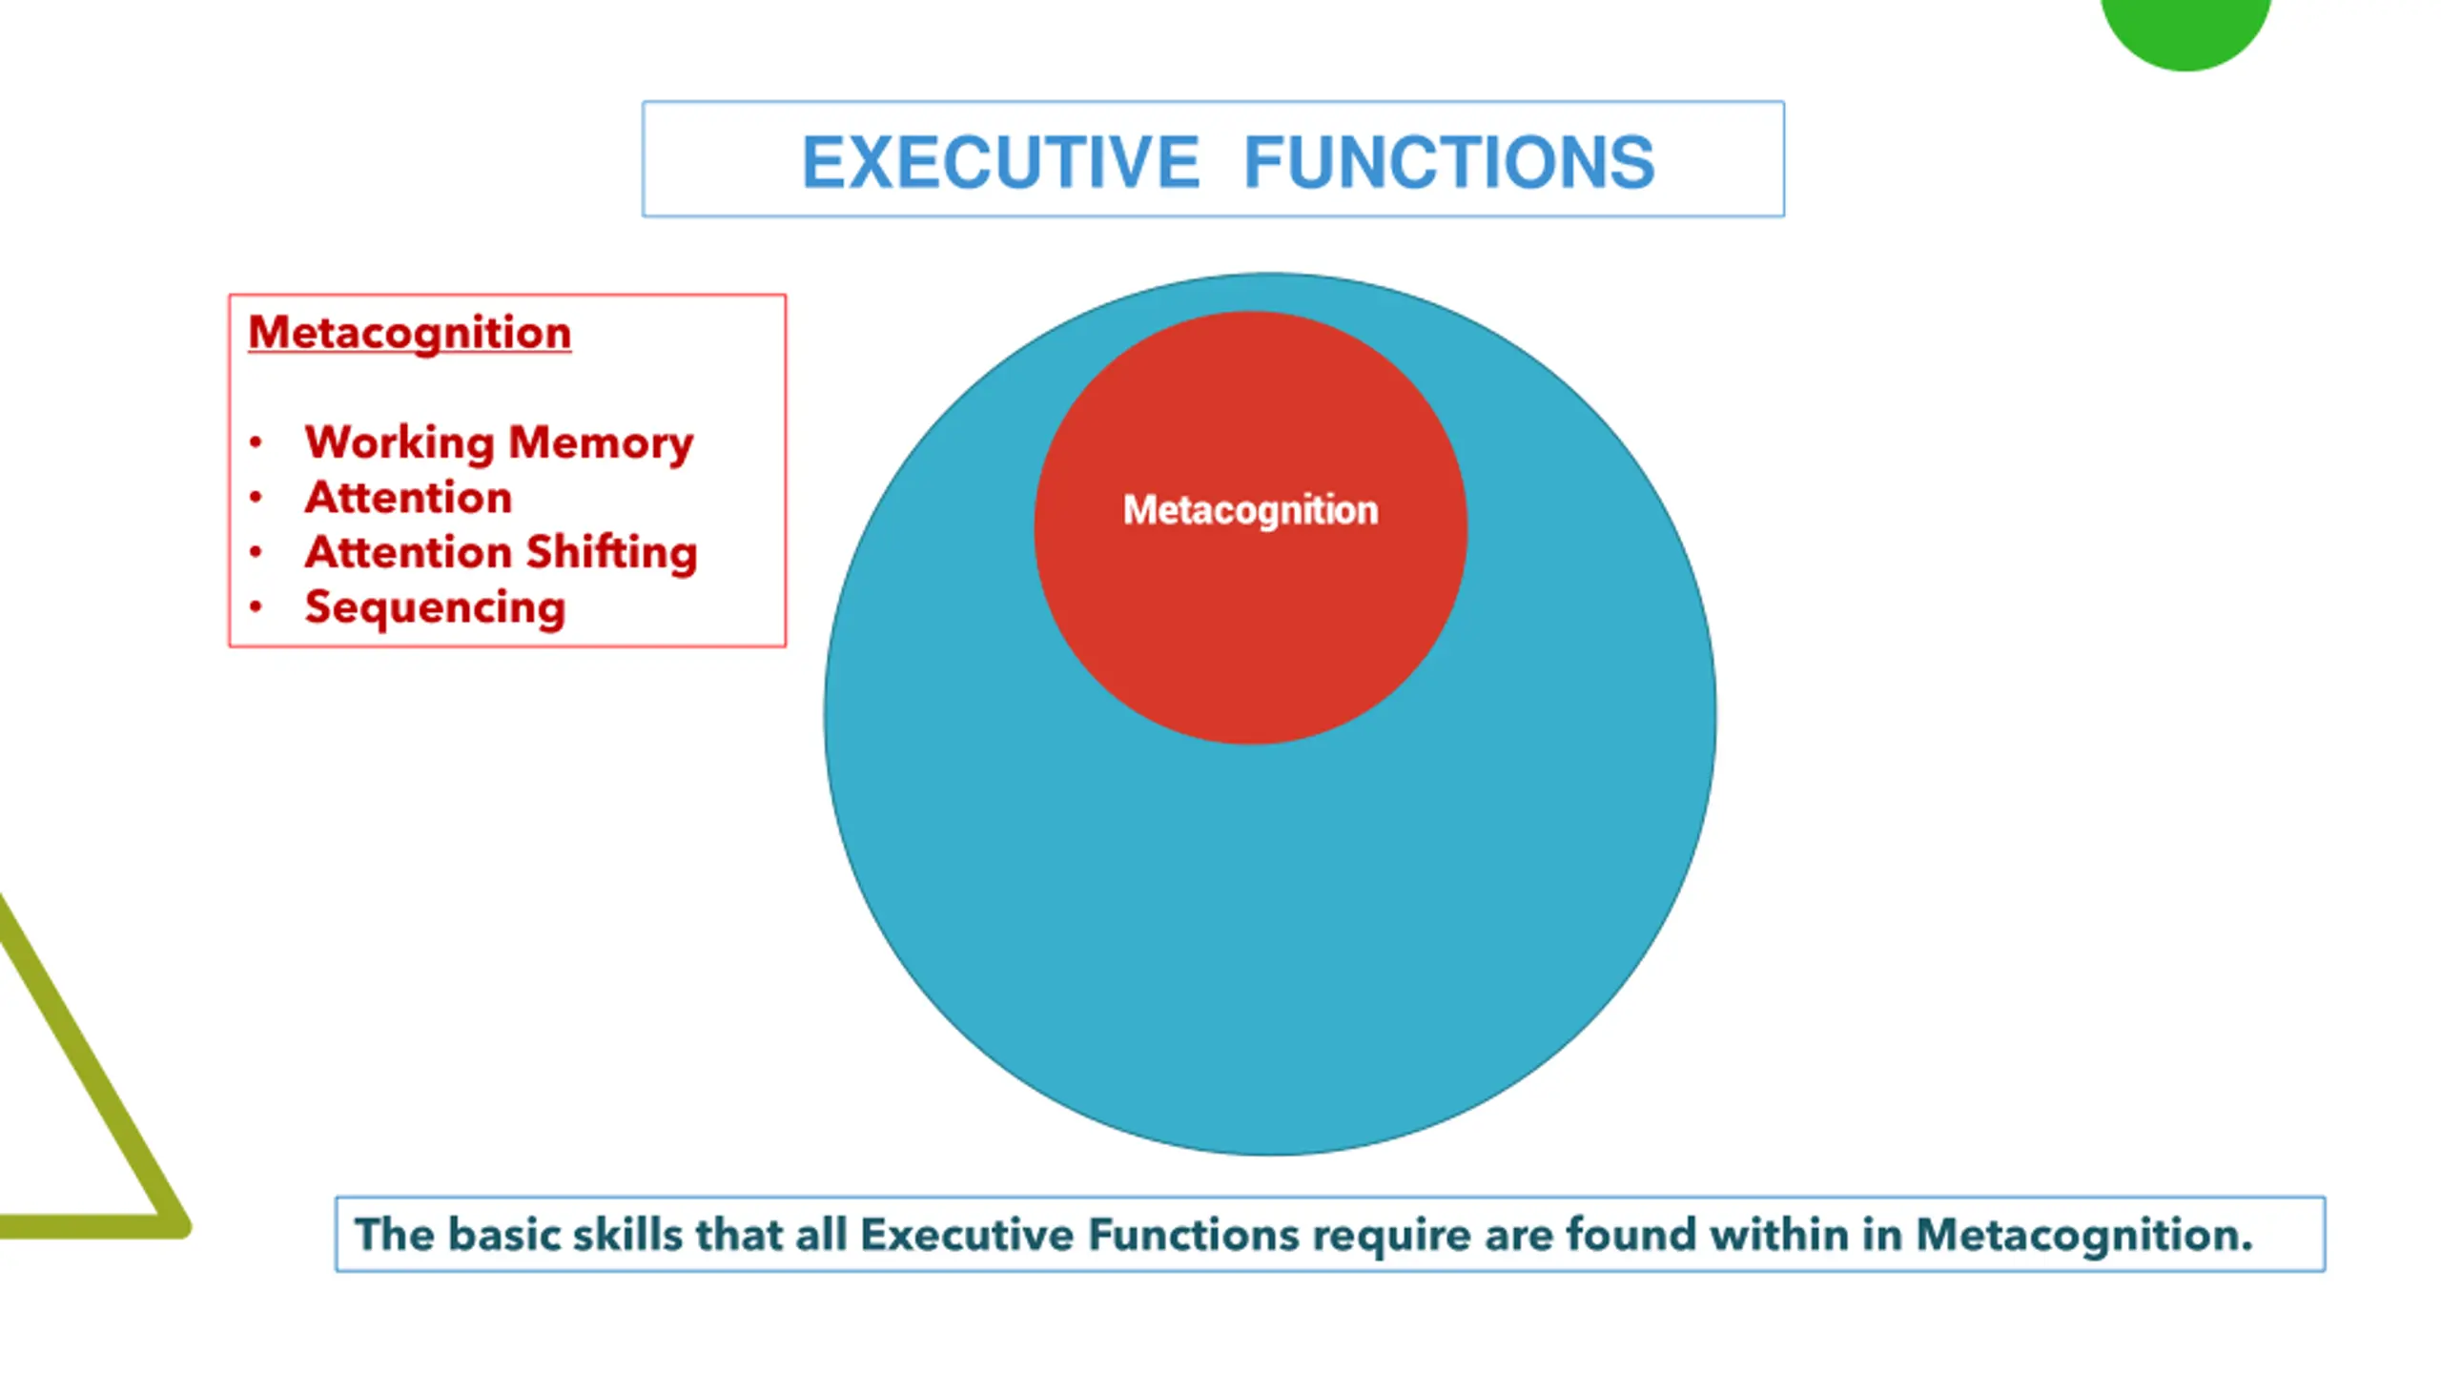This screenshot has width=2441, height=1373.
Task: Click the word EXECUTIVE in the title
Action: [1000, 162]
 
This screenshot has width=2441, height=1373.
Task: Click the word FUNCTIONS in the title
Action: [1448, 162]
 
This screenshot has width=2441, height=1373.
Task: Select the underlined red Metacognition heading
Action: [409, 333]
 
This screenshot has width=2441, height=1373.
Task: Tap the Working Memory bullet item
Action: [498, 443]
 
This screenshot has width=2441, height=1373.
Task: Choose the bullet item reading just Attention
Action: [408, 498]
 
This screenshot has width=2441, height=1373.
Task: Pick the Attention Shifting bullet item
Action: [501, 553]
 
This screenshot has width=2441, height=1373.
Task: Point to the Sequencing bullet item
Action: [435, 607]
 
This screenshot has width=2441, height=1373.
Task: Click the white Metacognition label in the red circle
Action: [1250, 510]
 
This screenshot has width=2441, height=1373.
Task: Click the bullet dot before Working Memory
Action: [256, 442]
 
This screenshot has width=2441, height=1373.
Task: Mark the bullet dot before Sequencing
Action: [256, 607]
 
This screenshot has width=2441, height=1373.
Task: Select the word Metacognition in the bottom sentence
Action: [2083, 1235]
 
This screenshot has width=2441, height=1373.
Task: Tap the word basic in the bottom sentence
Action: [502, 1235]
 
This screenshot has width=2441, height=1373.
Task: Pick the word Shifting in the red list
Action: [611, 553]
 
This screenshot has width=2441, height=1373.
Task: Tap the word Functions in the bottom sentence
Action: [1193, 1235]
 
